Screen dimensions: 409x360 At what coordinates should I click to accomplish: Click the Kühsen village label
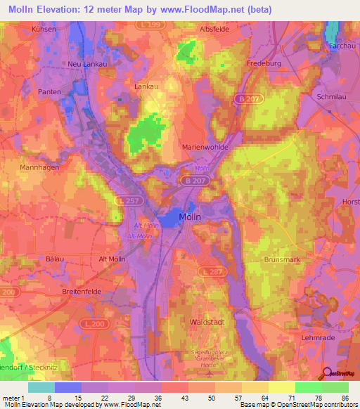point(44,30)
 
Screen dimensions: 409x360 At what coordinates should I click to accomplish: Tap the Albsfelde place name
point(216,30)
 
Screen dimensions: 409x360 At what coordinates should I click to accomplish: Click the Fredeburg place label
point(264,63)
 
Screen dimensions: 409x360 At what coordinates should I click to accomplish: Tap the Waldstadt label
point(207,321)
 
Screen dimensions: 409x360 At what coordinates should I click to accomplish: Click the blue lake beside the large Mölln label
point(169,219)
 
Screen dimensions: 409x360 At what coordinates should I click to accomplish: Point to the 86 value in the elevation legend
point(345,397)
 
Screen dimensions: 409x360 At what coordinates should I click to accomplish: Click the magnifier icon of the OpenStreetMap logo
point(328,373)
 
